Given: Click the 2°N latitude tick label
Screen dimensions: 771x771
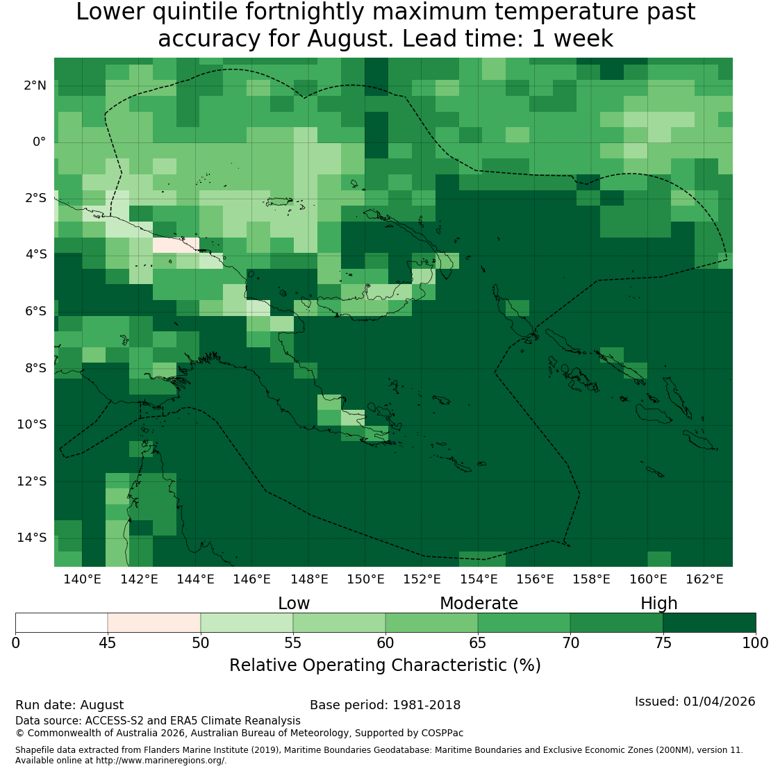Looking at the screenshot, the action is click(35, 85).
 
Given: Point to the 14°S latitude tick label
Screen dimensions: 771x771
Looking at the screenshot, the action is click(32, 538).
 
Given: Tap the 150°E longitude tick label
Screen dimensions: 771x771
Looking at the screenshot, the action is click(365, 579).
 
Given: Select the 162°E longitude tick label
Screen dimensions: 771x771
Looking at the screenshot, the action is click(704, 579).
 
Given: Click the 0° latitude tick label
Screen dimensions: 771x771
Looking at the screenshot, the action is click(40, 142).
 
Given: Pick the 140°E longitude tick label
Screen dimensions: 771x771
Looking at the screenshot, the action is click(82, 579).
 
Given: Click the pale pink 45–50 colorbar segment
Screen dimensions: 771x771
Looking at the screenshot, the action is click(154, 622).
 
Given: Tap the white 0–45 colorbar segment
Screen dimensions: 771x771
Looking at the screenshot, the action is click(61, 622).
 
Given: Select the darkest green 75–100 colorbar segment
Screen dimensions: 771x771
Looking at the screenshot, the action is click(710, 622).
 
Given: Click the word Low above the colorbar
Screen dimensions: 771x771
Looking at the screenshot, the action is click(294, 604).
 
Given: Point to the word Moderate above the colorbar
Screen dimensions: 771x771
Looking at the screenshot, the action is click(479, 604).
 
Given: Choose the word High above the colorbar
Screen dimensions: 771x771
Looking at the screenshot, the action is click(659, 604).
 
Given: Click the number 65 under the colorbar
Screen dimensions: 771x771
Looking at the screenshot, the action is click(477, 643).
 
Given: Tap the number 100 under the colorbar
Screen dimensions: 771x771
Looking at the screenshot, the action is click(756, 643).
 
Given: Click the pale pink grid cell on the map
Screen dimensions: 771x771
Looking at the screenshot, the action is click(176, 245).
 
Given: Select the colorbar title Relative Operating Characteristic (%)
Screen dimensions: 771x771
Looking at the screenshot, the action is click(385, 665).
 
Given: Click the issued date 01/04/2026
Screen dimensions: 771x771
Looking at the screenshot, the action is click(720, 702).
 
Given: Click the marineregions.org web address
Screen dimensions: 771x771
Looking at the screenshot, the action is click(160, 761).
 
